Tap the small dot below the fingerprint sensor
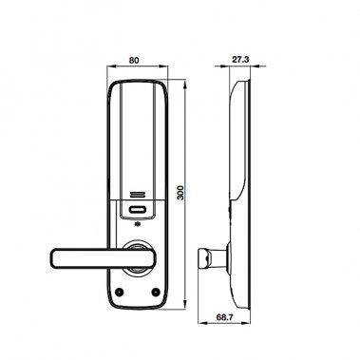(x=140, y=226)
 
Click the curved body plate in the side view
(x=239, y=190)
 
